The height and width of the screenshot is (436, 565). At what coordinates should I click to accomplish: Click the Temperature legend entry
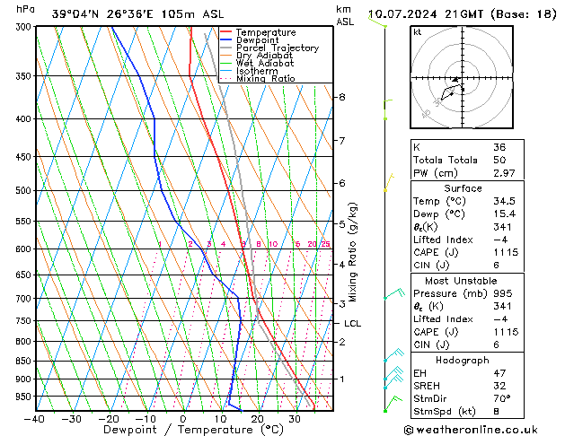pos(265,32)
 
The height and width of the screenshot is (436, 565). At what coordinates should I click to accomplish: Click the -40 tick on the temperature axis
pos(35,418)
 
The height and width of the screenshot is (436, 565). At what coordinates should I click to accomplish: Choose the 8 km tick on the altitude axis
pos(342,97)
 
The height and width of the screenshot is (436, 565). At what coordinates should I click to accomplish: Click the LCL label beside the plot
pos(352,324)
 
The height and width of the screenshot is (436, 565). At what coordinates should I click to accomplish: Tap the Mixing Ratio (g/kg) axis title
pos(354,253)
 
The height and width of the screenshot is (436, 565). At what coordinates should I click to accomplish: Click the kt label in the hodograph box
pos(417,32)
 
